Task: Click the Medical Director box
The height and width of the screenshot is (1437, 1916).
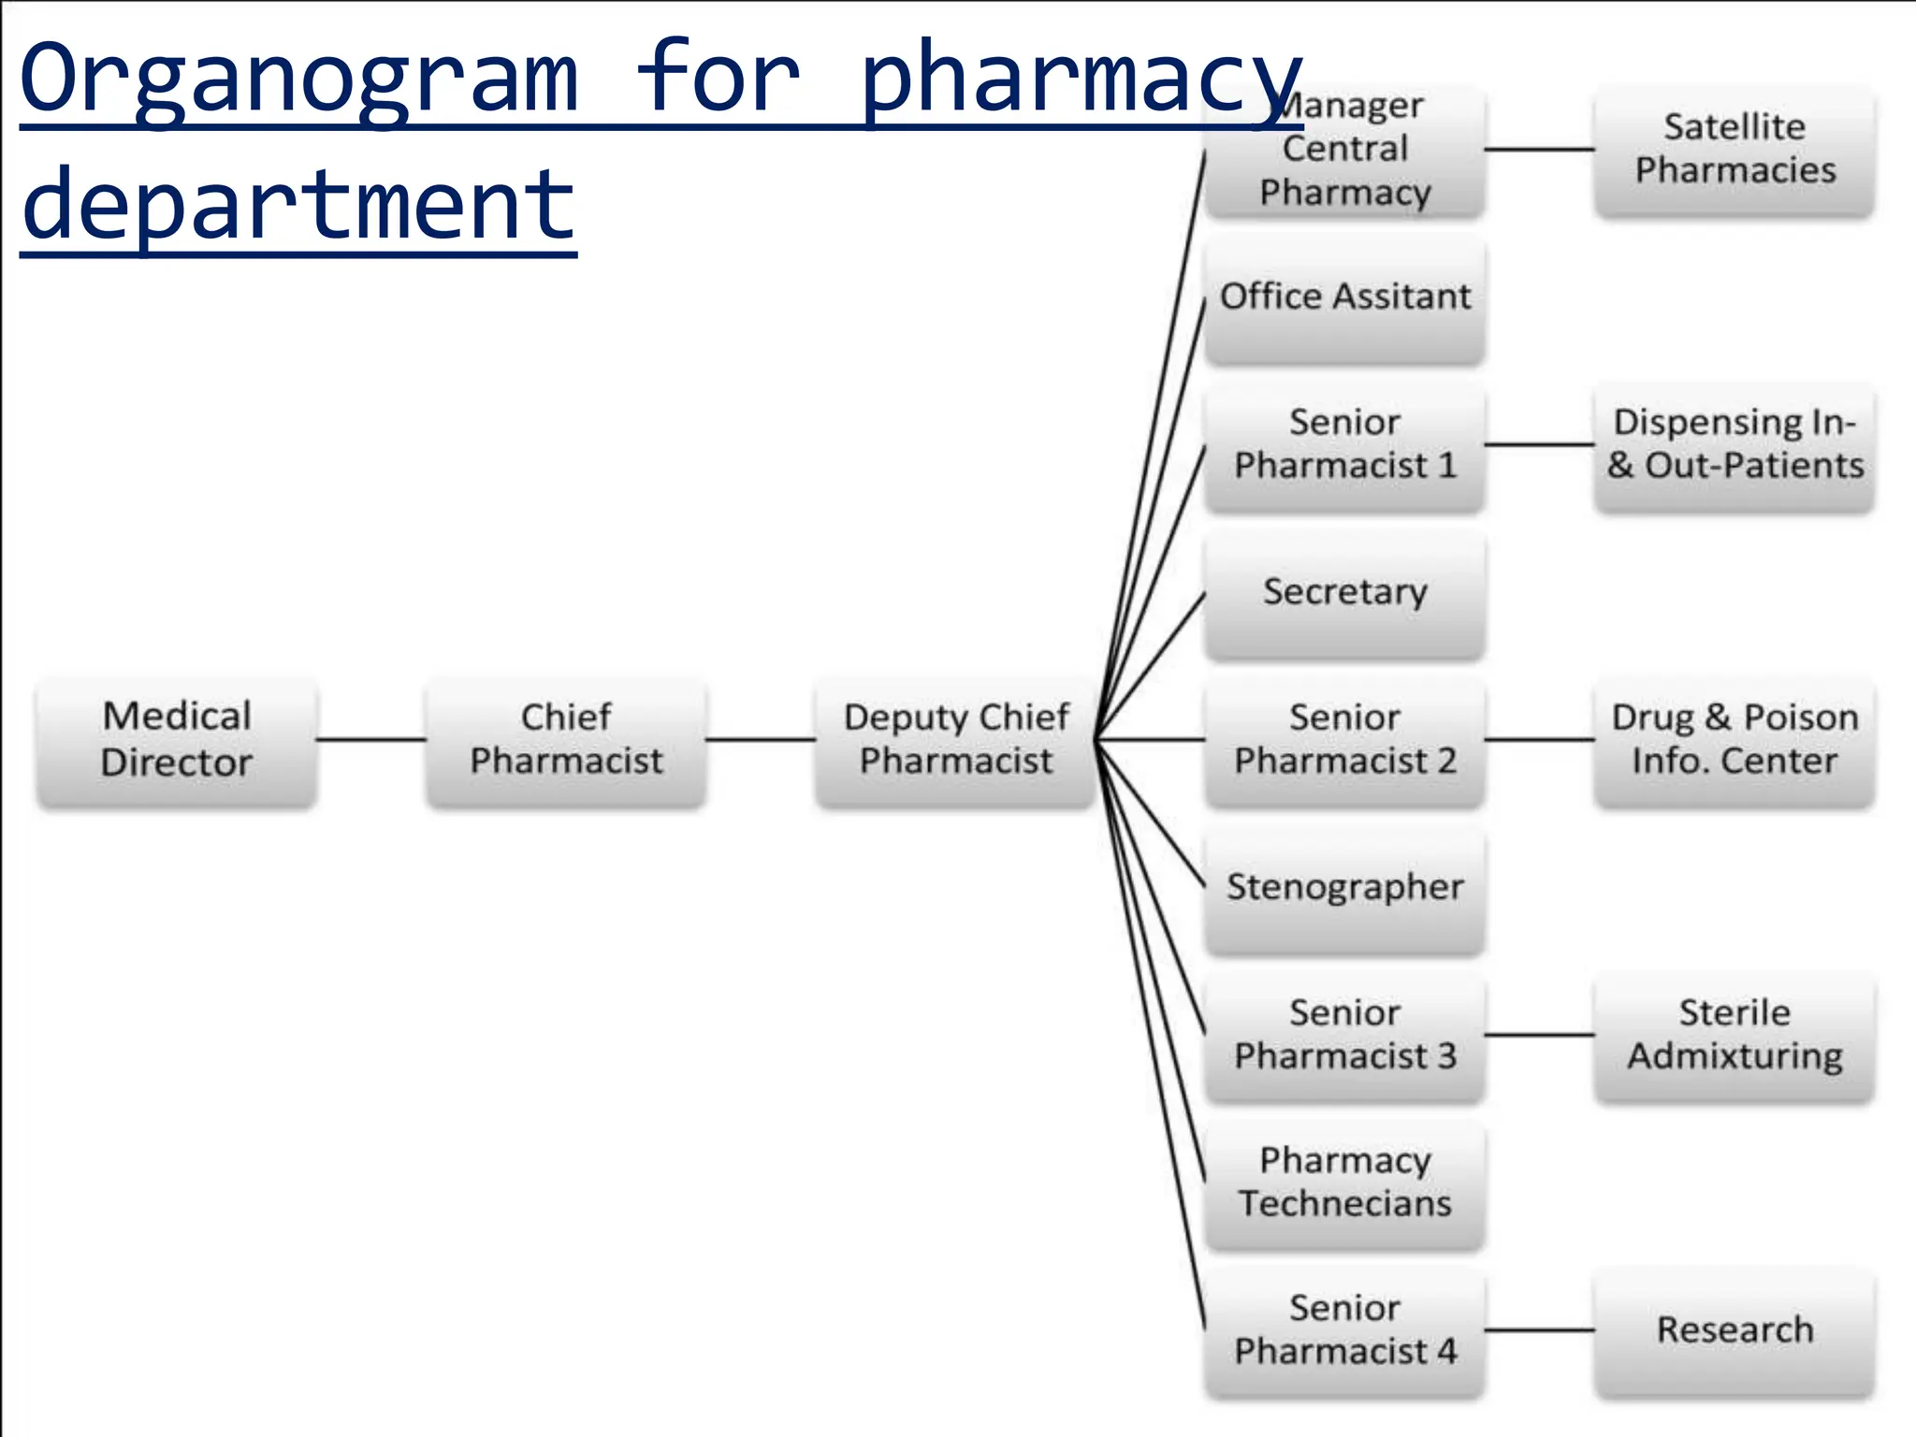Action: (176, 740)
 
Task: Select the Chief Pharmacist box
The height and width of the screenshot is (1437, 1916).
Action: (566, 740)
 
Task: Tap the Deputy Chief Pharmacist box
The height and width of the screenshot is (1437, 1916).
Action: (955, 740)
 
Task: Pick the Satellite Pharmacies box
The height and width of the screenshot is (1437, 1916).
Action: (1735, 150)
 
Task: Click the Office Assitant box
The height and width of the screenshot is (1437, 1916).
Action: (1344, 299)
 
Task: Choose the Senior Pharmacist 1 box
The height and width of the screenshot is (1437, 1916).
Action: (1344, 444)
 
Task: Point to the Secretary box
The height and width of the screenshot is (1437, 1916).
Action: (1344, 593)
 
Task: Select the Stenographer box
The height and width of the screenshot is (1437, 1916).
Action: (1344, 888)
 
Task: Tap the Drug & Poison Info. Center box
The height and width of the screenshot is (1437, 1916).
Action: (1735, 740)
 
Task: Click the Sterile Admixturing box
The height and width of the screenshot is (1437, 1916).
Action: (1735, 1035)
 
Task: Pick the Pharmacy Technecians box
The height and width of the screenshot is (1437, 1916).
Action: (1344, 1183)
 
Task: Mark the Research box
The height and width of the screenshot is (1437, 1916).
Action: (1735, 1329)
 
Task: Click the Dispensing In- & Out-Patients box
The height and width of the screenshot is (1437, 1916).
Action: (1735, 444)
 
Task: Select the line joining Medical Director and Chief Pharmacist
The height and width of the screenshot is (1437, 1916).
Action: (371, 740)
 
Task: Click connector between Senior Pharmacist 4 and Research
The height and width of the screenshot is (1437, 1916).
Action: (1539, 1329)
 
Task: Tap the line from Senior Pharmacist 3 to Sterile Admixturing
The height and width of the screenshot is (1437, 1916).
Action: (1539, 1035)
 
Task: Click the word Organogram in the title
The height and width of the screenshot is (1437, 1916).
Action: (299, 80)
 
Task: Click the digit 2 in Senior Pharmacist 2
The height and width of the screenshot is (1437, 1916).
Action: (1446, 762)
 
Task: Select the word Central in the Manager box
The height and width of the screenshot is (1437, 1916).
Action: (1344, 149)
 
